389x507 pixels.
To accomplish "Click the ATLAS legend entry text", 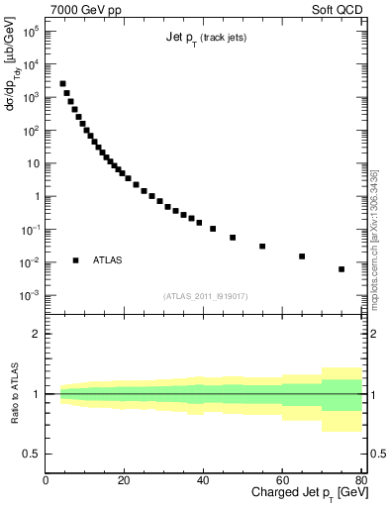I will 107,260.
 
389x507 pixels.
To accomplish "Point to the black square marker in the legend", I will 75,260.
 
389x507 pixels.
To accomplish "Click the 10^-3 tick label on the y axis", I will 30,296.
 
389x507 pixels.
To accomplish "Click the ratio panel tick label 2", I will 36,334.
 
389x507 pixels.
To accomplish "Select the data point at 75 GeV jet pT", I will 341,269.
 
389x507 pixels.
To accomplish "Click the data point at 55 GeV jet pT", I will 262,246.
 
